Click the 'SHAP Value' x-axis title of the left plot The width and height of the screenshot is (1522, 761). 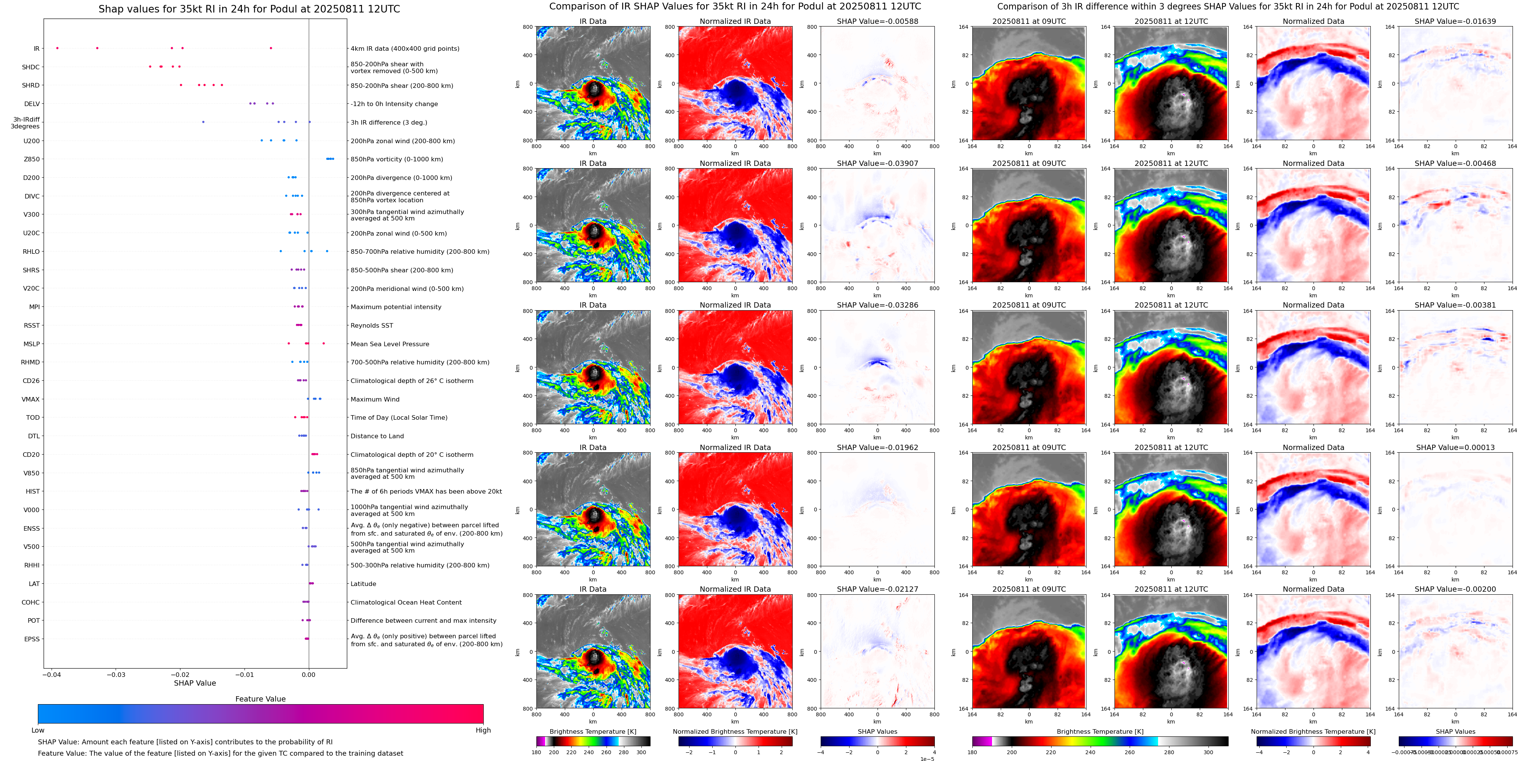coord(194,683)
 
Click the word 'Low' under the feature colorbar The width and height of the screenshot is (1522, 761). coord(38,730)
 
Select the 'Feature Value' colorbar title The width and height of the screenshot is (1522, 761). coord(260,699)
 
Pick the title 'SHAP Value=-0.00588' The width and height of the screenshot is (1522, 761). coord(878,21)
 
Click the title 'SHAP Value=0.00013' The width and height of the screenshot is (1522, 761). coord(1455,447)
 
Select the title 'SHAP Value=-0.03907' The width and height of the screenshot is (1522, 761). coord(878,164)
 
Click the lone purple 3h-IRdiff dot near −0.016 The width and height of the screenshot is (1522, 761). coord(203,122)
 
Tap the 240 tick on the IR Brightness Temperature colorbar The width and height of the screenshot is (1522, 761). coord(588,752)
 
